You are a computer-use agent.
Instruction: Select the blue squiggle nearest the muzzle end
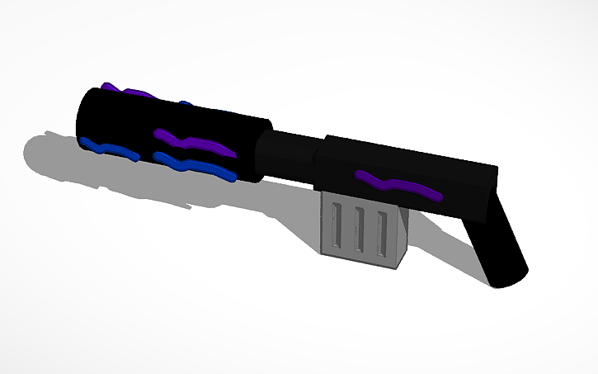tap(107, 149)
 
